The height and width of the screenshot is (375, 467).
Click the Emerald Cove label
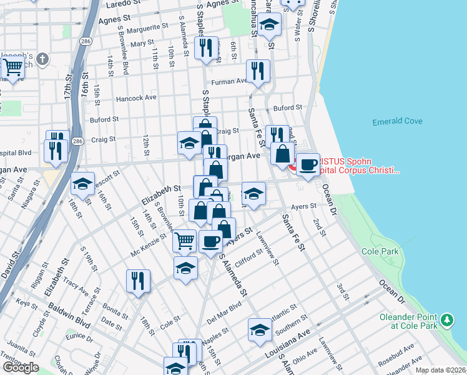coord(397,122)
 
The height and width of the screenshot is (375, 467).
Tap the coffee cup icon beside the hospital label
coord(307,164)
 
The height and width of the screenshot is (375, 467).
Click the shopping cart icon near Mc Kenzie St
coord(184,240)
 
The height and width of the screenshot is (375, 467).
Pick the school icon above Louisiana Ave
coord(260,329)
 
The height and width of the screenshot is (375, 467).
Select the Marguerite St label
coord(148,30)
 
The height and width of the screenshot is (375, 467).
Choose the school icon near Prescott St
coord(82,184)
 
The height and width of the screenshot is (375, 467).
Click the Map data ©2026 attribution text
coord(440,370)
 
